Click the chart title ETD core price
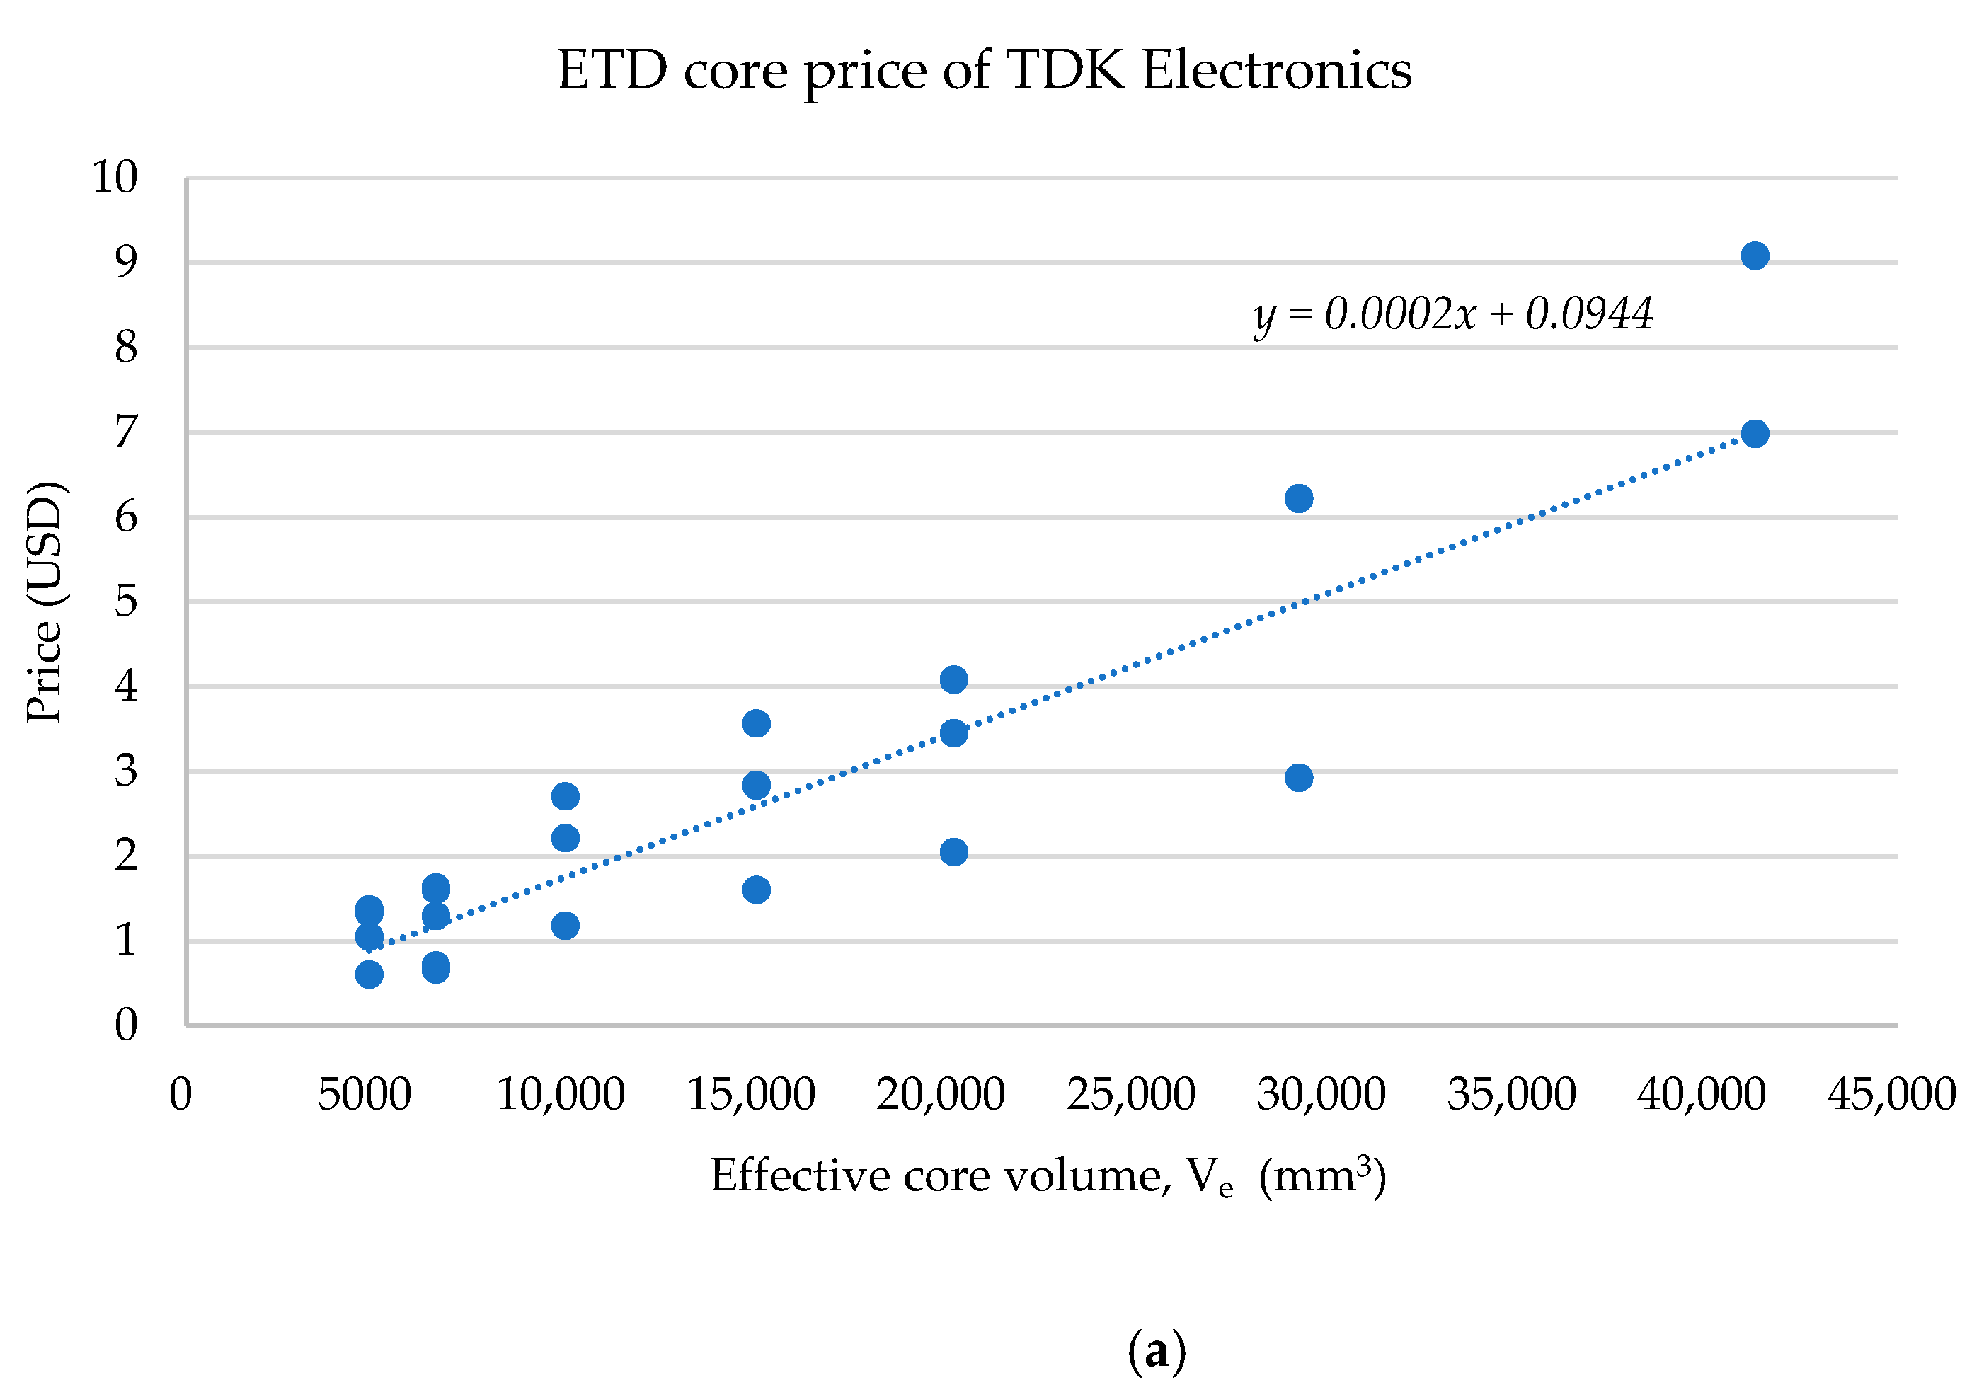pyautogui.click(x=985, y=71)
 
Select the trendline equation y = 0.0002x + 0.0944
pyautogui.click(x=1453, y=314)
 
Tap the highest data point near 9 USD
pyautogui.click(x=1755, y=255)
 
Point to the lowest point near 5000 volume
pyautogui.click(x=369, y=975)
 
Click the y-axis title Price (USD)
pyautogui.click(x=45, y=602)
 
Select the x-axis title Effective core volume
pyautogui.click(x=1048, y=1177)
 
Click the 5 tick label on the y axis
pyautogui.click(x=126, y=602)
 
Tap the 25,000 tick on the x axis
pyautogui.click(x=1131, y=1095)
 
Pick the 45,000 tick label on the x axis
pyautogui.click(x=1891, y=1095)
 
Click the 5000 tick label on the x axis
pyautogui.click(x=365, y=1095)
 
